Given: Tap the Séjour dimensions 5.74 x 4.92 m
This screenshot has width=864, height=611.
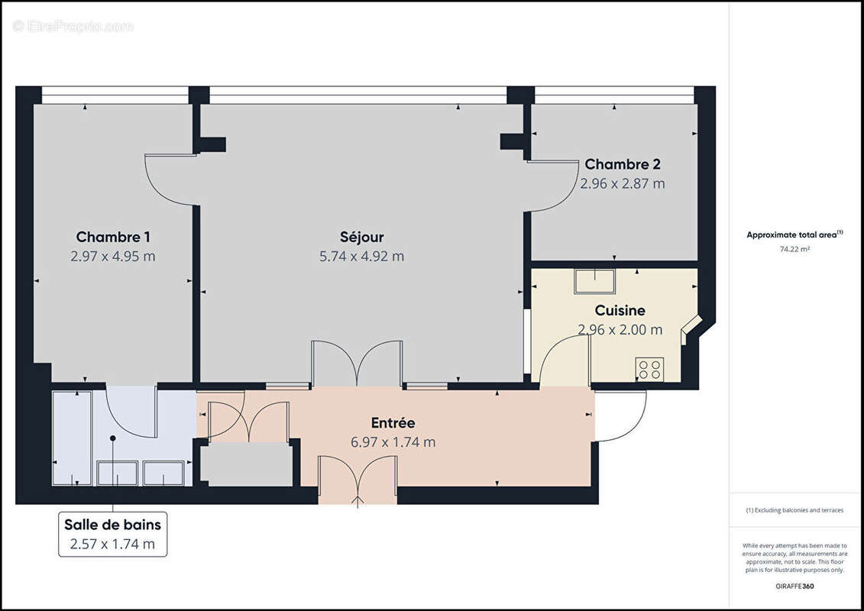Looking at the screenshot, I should click(x=361, y=257).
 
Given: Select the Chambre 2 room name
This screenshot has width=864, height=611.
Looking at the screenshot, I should click(x=622, y=164).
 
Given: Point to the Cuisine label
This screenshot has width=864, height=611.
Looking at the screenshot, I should click(x=620, y=311).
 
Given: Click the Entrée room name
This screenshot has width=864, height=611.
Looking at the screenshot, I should click(x=393, y=423).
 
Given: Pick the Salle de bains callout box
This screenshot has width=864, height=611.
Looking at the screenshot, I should click(x=112, y=534).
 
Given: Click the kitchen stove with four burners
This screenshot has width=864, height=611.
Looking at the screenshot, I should click(x=649, y=370).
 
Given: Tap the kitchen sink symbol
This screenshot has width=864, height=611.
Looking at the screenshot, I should click(x=594, y=281).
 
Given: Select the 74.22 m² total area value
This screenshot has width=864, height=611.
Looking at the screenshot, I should click(x=794, y=249).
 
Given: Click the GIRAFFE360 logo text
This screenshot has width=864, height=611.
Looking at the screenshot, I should click(x=794, y=587).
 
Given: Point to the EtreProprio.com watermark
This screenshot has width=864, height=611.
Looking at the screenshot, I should click(x=73, y=27).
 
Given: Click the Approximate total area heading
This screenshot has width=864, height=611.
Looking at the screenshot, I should click(x=794, y=234).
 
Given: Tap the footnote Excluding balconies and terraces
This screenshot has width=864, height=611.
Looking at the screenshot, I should click(x=794, y=510).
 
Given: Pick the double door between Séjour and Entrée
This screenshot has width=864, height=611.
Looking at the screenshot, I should click(x=357, y=364).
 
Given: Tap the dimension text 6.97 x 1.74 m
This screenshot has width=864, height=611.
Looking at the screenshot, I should click(x=393, y=442).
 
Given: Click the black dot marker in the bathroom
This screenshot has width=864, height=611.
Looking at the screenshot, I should click(x=113, y=438).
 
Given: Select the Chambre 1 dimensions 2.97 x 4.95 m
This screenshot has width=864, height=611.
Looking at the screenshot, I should click(x=112, y=257).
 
